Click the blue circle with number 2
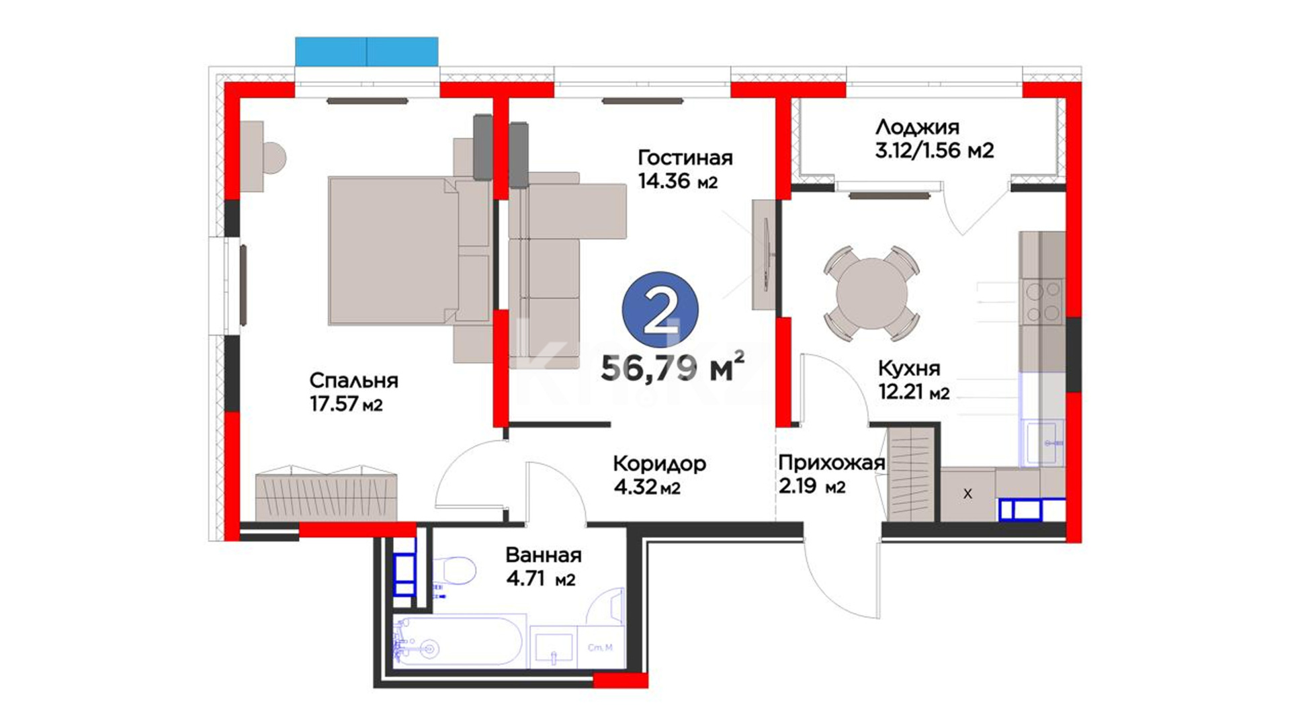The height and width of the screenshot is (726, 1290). point(660,310)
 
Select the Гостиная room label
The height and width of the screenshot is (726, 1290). point(685,158)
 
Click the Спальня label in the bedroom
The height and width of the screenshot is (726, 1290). point(353,380)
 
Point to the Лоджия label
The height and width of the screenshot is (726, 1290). point(917,127)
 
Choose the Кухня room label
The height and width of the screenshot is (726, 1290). point(909,368)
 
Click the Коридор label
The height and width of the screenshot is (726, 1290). point(659,464)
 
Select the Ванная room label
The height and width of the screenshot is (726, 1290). point(544,555)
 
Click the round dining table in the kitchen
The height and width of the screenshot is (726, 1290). point(871,294)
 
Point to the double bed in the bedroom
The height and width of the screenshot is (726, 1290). point(409,250)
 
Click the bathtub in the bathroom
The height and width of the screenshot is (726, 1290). point(457,641)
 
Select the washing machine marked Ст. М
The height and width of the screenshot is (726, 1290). point(600,647)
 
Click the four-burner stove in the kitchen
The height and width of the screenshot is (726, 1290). point(1041,302)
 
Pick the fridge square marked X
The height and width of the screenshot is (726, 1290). point(967,494)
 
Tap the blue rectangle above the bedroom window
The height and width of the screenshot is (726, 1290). point(367,51)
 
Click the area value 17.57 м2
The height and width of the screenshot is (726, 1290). point(346,405)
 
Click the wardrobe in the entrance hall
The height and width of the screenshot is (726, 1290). point(912,473)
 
